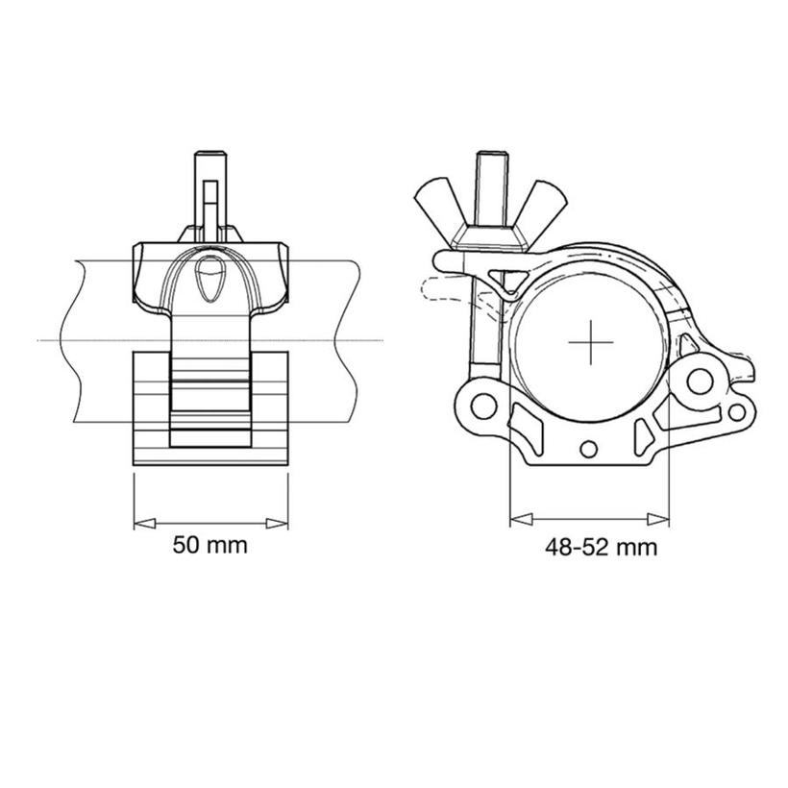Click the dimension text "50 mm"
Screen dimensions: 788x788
point(209,546)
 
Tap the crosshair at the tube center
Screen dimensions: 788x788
point(590,343)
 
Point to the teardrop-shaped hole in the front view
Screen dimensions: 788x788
point(209,280)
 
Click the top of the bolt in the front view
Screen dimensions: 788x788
point(209,159)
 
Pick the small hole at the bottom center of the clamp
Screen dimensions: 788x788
point(588,449)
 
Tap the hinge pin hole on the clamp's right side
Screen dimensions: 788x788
point(699,381)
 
